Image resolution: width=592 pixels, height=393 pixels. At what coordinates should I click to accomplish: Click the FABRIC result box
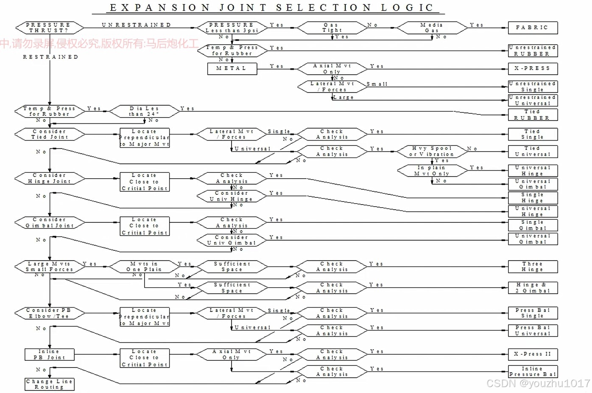click(x=533, y=28)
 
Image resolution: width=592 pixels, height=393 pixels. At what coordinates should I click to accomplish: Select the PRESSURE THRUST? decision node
click(x=49, y=28)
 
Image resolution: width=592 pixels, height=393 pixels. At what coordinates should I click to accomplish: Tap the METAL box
click(x=232, y=68)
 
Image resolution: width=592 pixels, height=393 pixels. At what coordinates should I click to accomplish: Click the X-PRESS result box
click(x=533, y=68)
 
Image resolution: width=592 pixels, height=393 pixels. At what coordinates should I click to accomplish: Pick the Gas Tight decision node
click(x=332, y=28)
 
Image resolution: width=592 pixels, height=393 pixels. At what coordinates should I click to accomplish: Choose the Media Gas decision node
click(x=431, y=28)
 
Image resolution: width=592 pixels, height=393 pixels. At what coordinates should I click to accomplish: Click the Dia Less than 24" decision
click(x=144, y=111)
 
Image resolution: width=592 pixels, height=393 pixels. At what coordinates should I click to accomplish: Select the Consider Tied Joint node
click(x=49, y=134)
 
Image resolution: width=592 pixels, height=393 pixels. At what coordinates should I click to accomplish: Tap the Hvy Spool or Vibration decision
click(x=431, y=151)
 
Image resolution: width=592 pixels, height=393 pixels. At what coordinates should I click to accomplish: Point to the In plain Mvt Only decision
click(x=431, y=171)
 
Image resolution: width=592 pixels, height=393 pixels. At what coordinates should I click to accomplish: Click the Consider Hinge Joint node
click(x=49, y=178)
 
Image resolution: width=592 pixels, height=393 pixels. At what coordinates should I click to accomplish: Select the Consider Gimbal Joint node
click(x=49, y=223)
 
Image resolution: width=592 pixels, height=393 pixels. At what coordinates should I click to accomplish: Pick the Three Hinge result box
click(x=533, y=267)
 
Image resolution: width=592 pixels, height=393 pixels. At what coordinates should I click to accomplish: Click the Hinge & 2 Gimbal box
click(x=533, y=288)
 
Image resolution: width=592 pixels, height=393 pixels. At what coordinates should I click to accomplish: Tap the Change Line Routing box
click(x=49, y=384)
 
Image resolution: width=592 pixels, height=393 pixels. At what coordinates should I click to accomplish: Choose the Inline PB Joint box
click(x=49, y=354)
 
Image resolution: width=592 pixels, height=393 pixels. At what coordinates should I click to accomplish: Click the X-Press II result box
click(x=533, y=354)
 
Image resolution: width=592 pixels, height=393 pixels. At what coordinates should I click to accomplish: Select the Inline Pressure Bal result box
click(x=533, y=371)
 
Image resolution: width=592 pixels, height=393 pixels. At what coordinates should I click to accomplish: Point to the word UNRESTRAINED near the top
click(x=137, y=25)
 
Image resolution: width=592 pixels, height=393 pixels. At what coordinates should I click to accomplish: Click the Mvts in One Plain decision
click(x=144, y=267)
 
